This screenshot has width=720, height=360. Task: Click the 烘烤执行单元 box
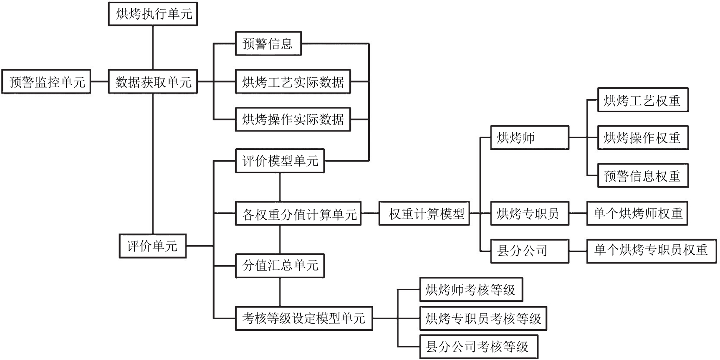click(x=153, y=14)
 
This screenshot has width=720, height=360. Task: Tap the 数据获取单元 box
click(x=153, y=82)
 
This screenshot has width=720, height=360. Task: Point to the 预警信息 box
click(x=268, y=43)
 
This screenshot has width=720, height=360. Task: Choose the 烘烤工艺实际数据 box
click(x=293, y=82)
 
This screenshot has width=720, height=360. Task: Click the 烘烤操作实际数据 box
click(x=293, y=119)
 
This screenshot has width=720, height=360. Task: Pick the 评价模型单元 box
click(x=280, y=161)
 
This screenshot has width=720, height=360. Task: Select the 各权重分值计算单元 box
click(x=298, y=214)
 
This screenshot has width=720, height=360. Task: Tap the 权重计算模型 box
click(x=424, y=214)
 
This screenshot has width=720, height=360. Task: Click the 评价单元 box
click(x=152, y=246)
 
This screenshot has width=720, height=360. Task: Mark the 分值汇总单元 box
click(x=280, y=265)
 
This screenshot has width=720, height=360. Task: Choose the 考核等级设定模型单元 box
click(x=303, y=318)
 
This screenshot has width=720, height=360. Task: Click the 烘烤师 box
click(x=529, y=138)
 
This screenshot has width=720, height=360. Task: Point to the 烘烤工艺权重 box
click(x=643, y=100)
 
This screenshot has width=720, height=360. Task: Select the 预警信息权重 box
click(x=643, y=176)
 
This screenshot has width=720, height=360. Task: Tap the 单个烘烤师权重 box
click(x=637, y=213)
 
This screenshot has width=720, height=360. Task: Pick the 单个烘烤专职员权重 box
click(x=651, y=251)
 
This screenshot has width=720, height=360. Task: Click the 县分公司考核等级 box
click(x=478, y=347)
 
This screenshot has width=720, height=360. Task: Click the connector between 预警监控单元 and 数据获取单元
click(x=99, y=82)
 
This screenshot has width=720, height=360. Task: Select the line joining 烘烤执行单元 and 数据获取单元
click(x=153, y=48)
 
